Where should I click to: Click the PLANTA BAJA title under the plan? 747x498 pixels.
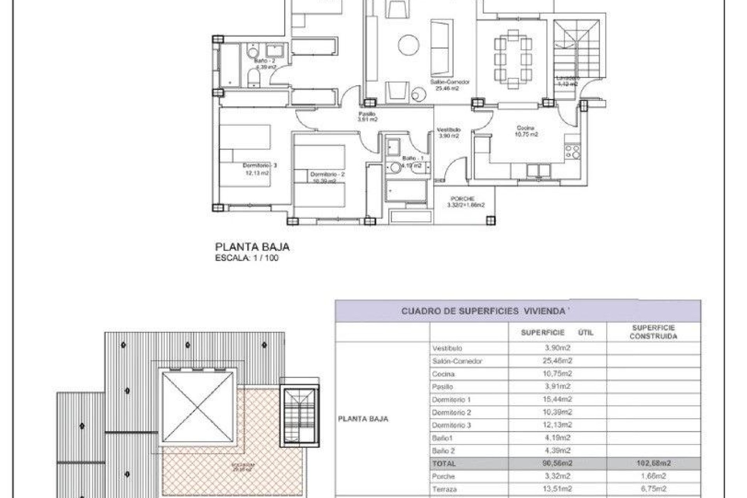click(252, 247)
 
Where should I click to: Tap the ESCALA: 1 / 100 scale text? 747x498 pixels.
click(247, 258)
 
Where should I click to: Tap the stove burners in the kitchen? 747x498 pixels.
click(572, 152)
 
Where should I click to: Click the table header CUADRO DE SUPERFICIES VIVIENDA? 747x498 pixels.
click(482, 311)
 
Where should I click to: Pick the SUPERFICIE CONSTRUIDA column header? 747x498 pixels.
click(653, 332)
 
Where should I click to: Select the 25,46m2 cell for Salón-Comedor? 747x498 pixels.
click(557, 361)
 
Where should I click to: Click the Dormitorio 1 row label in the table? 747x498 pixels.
click(451, 400)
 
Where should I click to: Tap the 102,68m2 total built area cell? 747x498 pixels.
click(653, 463)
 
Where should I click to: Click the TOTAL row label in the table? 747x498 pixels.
click(444, 463)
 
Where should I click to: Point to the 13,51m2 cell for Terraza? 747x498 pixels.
click(557, 489)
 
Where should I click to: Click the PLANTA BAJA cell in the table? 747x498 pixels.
click(363, 419)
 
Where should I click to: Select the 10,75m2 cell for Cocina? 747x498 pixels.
click(557, 374)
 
